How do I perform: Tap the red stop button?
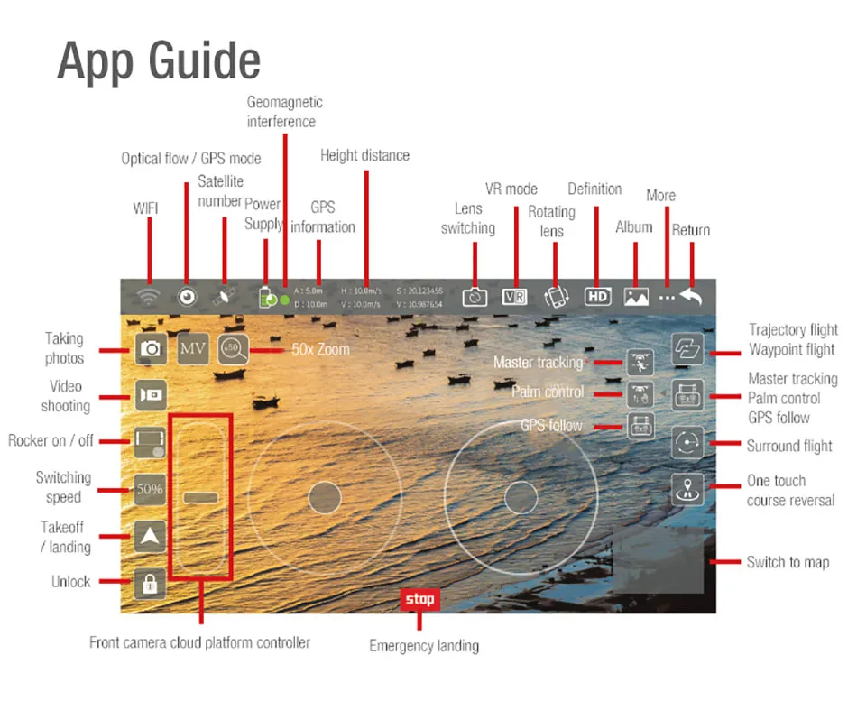[419, 599]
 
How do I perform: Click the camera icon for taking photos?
[150, 348]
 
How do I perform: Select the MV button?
[193, 348]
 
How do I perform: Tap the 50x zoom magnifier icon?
[233, 348]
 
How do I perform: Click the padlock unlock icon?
[150, 584]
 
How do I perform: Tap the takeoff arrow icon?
[150, 536]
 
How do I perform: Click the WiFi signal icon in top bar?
[149, 296]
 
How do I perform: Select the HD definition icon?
[597, 296]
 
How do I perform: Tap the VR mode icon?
[514, 296]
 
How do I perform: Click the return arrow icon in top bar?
[692, 296]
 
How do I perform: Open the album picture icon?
[637, 296]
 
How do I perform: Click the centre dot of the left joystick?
[324, 496]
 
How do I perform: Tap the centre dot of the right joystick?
[521, 496]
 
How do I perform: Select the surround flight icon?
[687, 443]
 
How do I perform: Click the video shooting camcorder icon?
[150, 395]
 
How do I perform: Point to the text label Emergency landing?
[424, 646]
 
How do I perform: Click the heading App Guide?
[159, 61]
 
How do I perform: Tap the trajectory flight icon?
[687, 349]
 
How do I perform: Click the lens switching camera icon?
[475, 297]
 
